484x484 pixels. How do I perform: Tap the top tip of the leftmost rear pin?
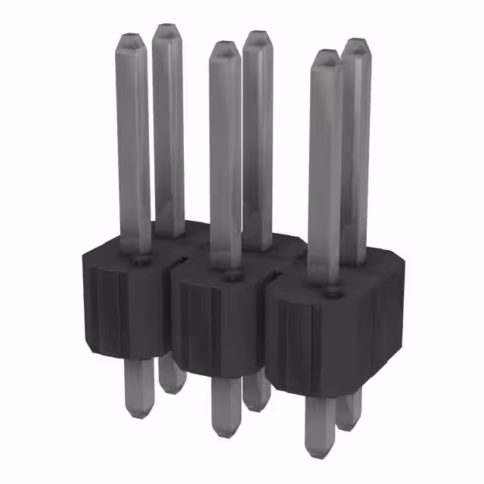point(167,29)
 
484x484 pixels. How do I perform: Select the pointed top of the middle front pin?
point(224,46)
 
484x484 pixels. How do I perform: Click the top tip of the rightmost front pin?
point(326,54)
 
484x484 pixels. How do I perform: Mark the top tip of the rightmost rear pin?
point(355,43)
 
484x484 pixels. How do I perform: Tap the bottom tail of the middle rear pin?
point(257,393)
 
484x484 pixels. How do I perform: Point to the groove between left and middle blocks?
point(172,318)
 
